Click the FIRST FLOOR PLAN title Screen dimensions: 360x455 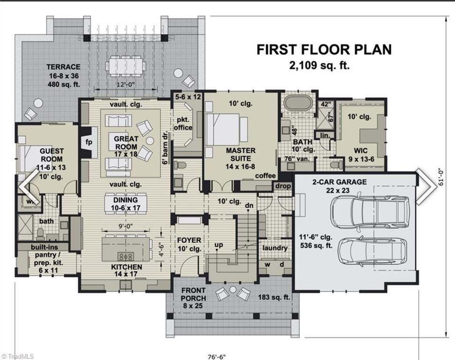coord(324,49)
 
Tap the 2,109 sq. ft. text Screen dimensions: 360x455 coord(324,65)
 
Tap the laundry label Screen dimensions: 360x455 coord(274,247)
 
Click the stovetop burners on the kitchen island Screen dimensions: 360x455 coord(126,256)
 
